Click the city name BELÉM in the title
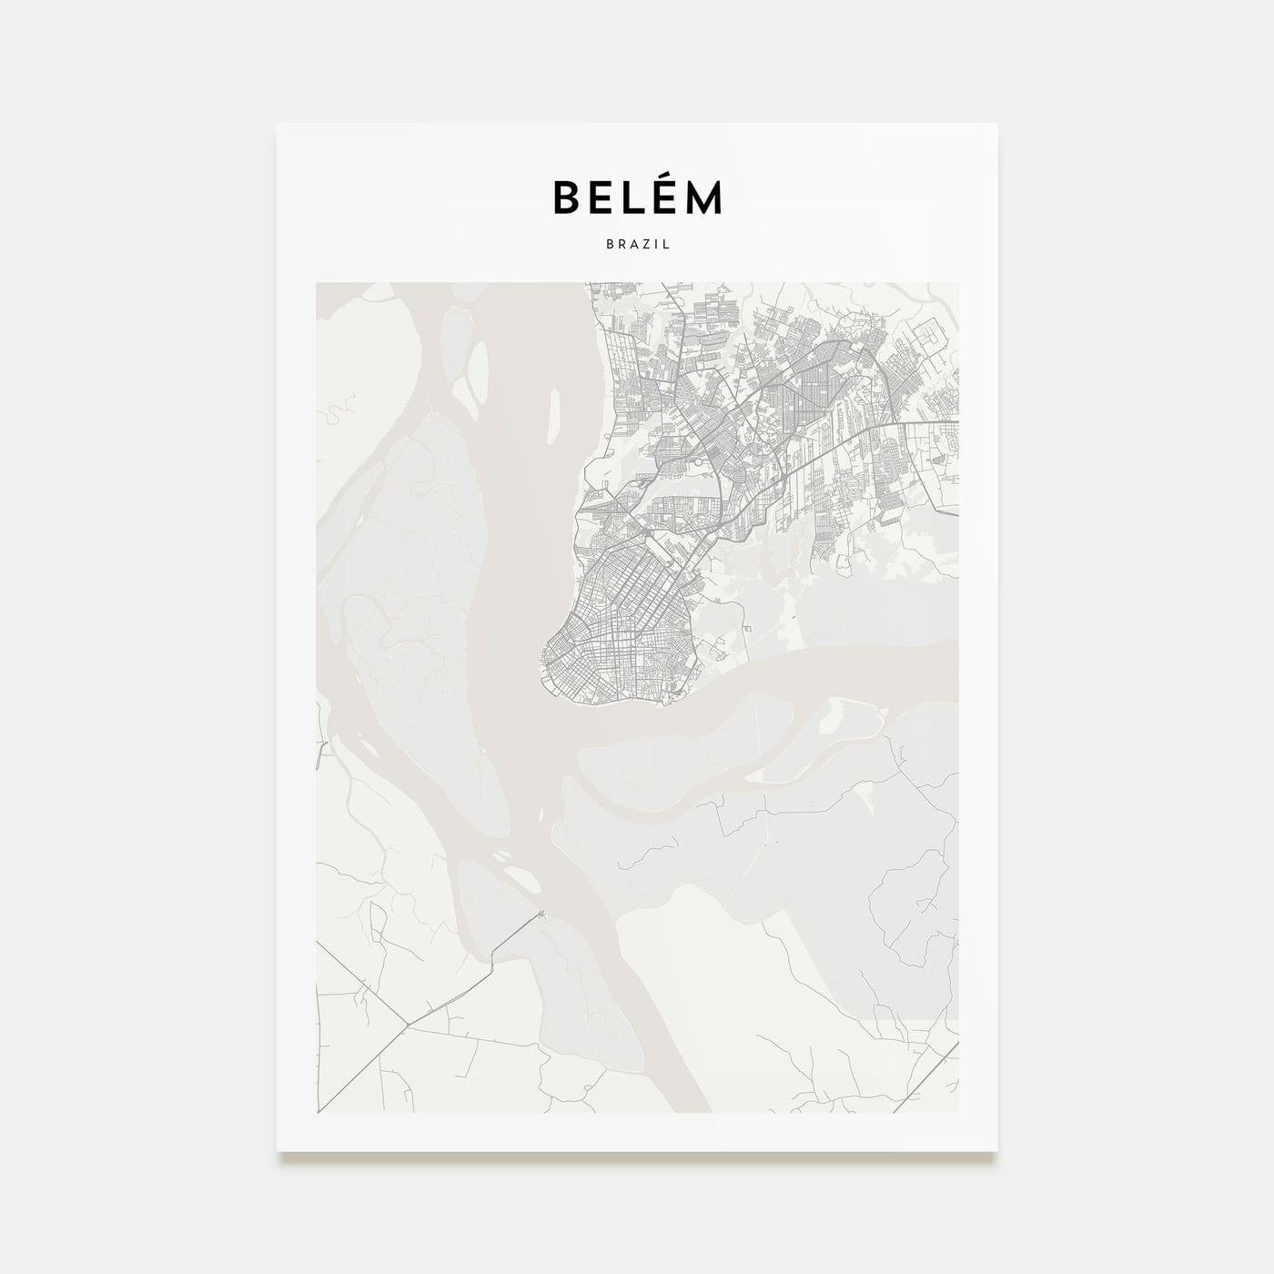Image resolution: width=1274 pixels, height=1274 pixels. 637,197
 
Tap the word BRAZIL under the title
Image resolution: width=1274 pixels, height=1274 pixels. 637,245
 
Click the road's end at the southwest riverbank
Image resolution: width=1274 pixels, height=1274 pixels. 541,914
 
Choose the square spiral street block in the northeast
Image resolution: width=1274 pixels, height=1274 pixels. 932,339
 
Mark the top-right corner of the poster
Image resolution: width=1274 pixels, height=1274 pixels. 997,124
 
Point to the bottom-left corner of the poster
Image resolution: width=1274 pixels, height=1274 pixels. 278,1150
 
